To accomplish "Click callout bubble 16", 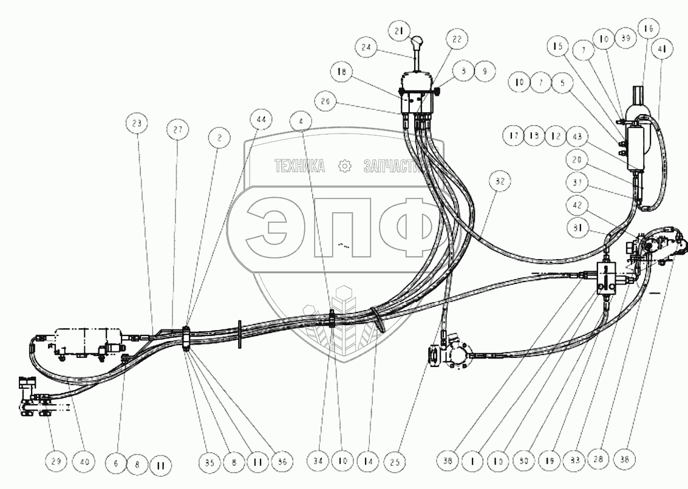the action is [647, 29].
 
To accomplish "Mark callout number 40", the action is [84, 463].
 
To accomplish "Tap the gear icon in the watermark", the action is [345, 165].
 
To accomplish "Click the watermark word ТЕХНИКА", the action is [300, 165].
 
